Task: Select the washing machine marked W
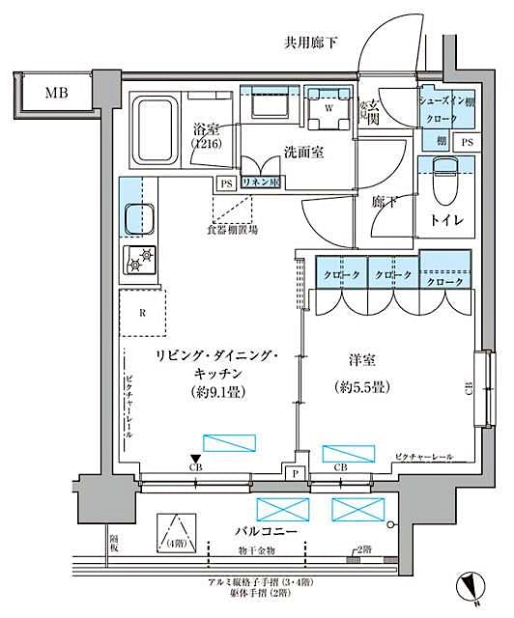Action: point(330,108)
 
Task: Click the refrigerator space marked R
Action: point(143,312)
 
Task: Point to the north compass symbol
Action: point(471,585)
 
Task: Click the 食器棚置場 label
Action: point(233,231)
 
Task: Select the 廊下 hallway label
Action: point(385,202)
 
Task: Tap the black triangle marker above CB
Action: point(196,459)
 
